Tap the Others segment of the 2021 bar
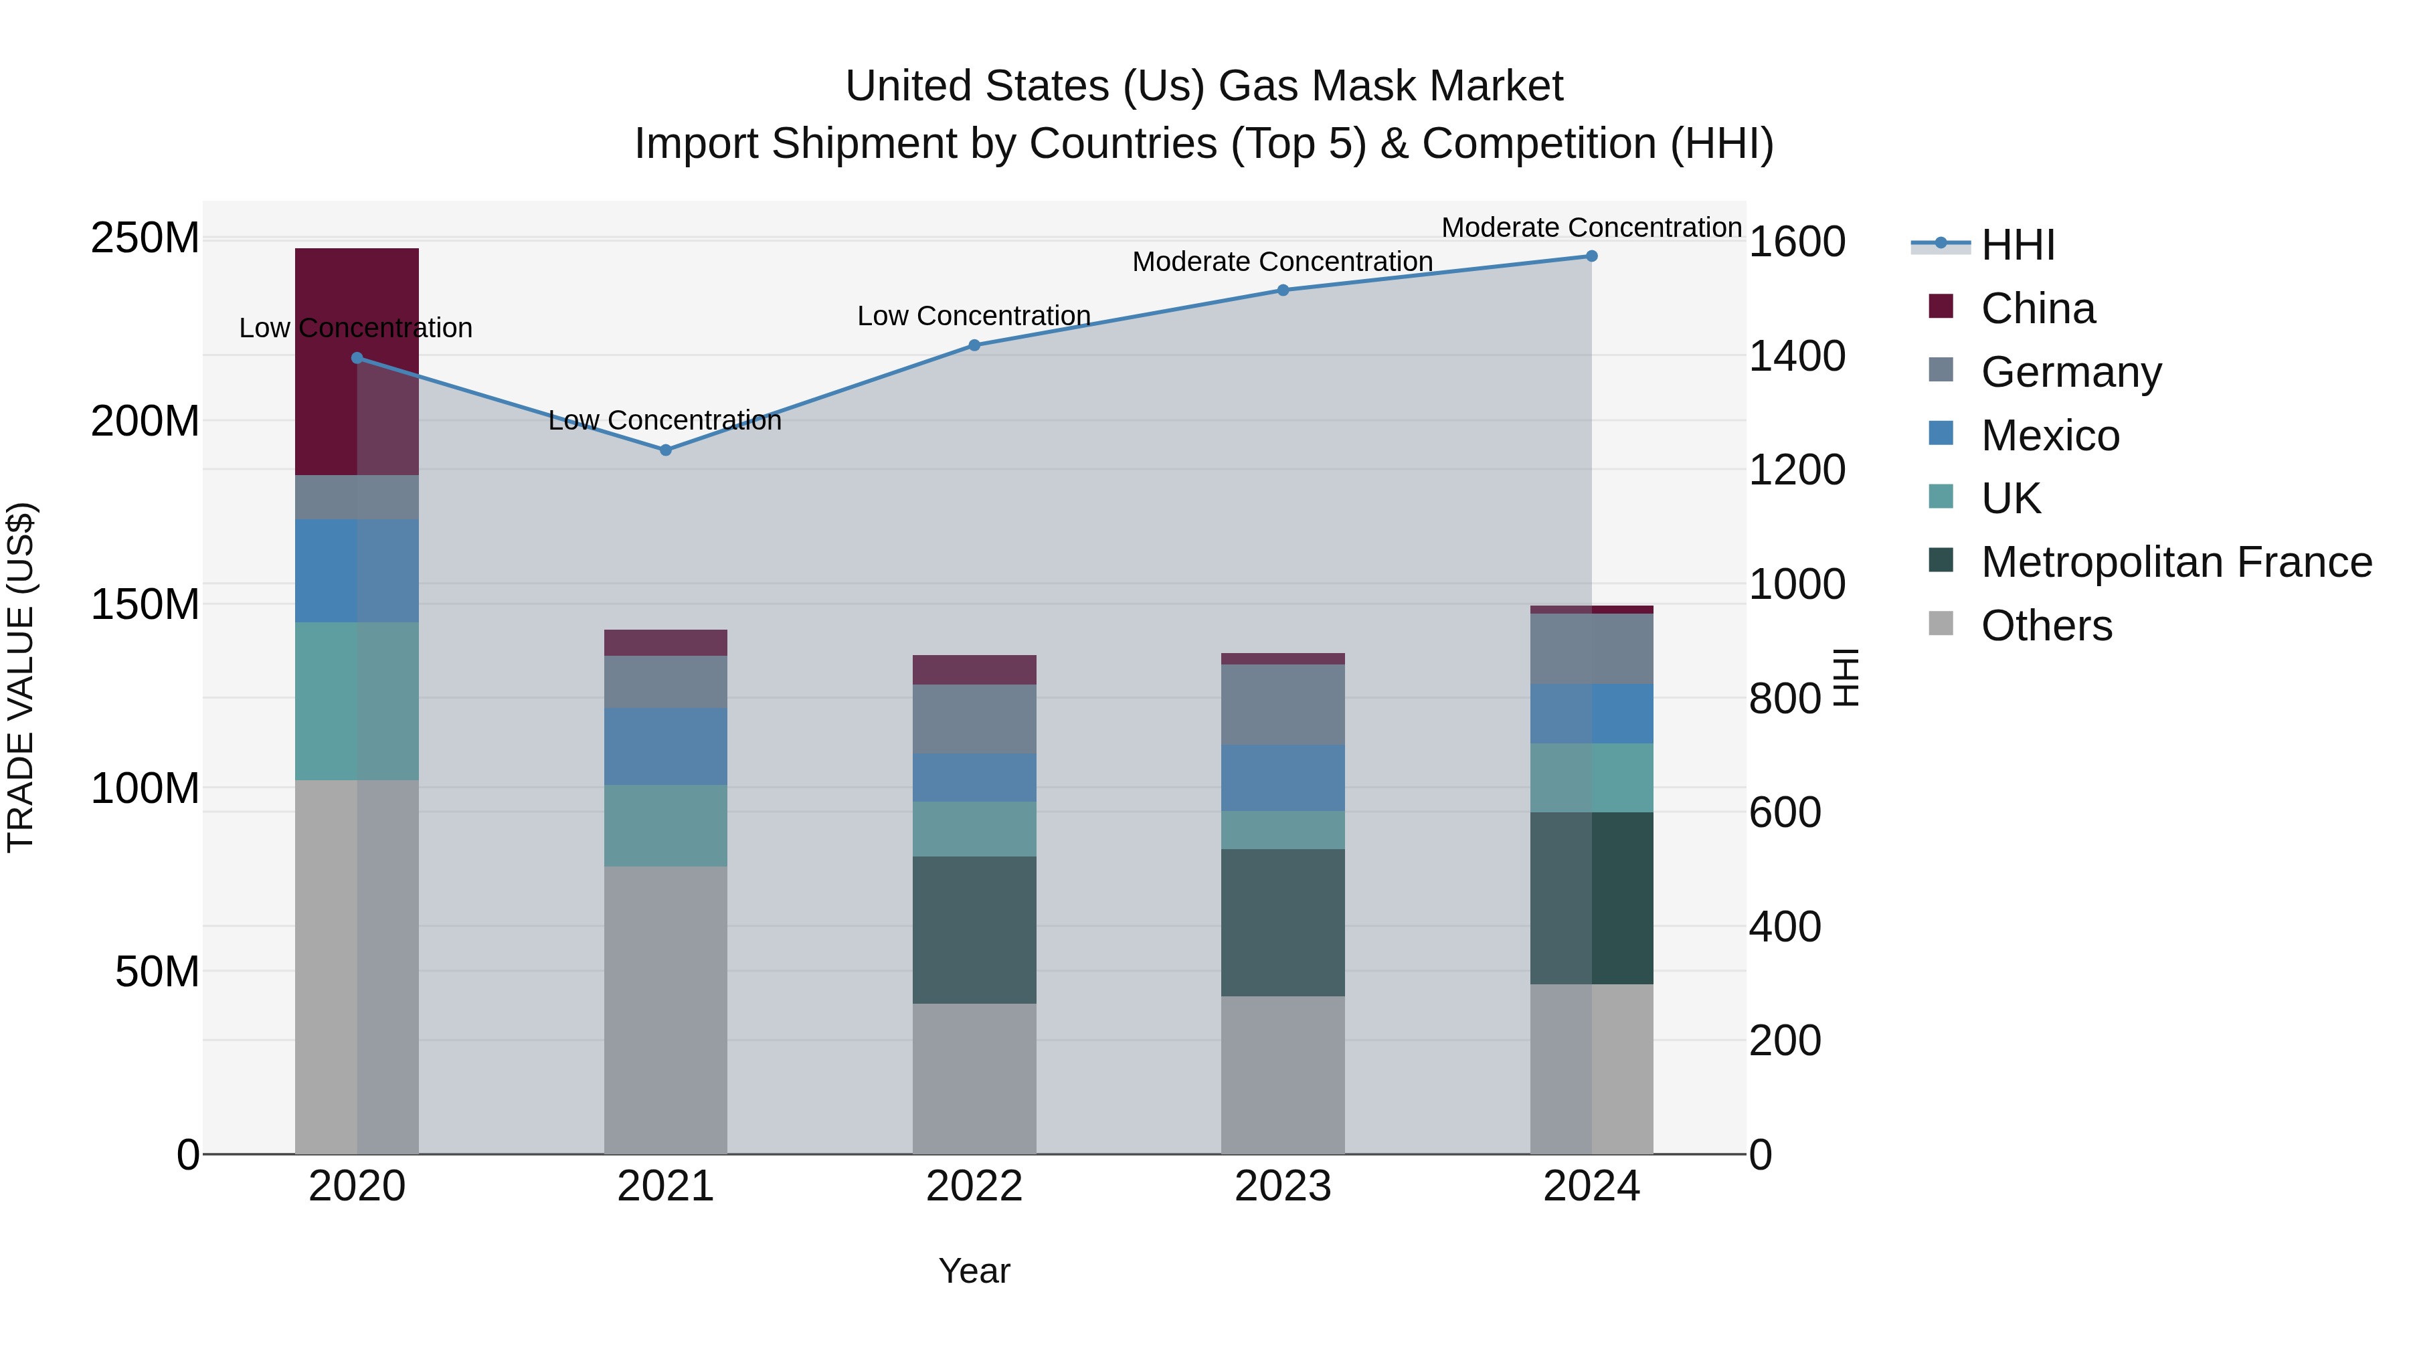[x=665, y=1009]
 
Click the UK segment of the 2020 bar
[x=356, y=701]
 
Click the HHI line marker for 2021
[x=665, y=450]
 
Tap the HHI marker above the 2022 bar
[x=974, y=345]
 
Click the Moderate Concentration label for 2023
[x=1282, y=262]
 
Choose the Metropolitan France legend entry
[x=2175, y=562]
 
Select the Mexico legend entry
[x=2049, y=436]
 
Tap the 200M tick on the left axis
[x=145, y=422]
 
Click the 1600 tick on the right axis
[x=1797, y=242]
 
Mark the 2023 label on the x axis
[x=1282, y=1186]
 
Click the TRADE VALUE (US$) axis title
[x=21, y=677]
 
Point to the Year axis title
[x=974, y=1271]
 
